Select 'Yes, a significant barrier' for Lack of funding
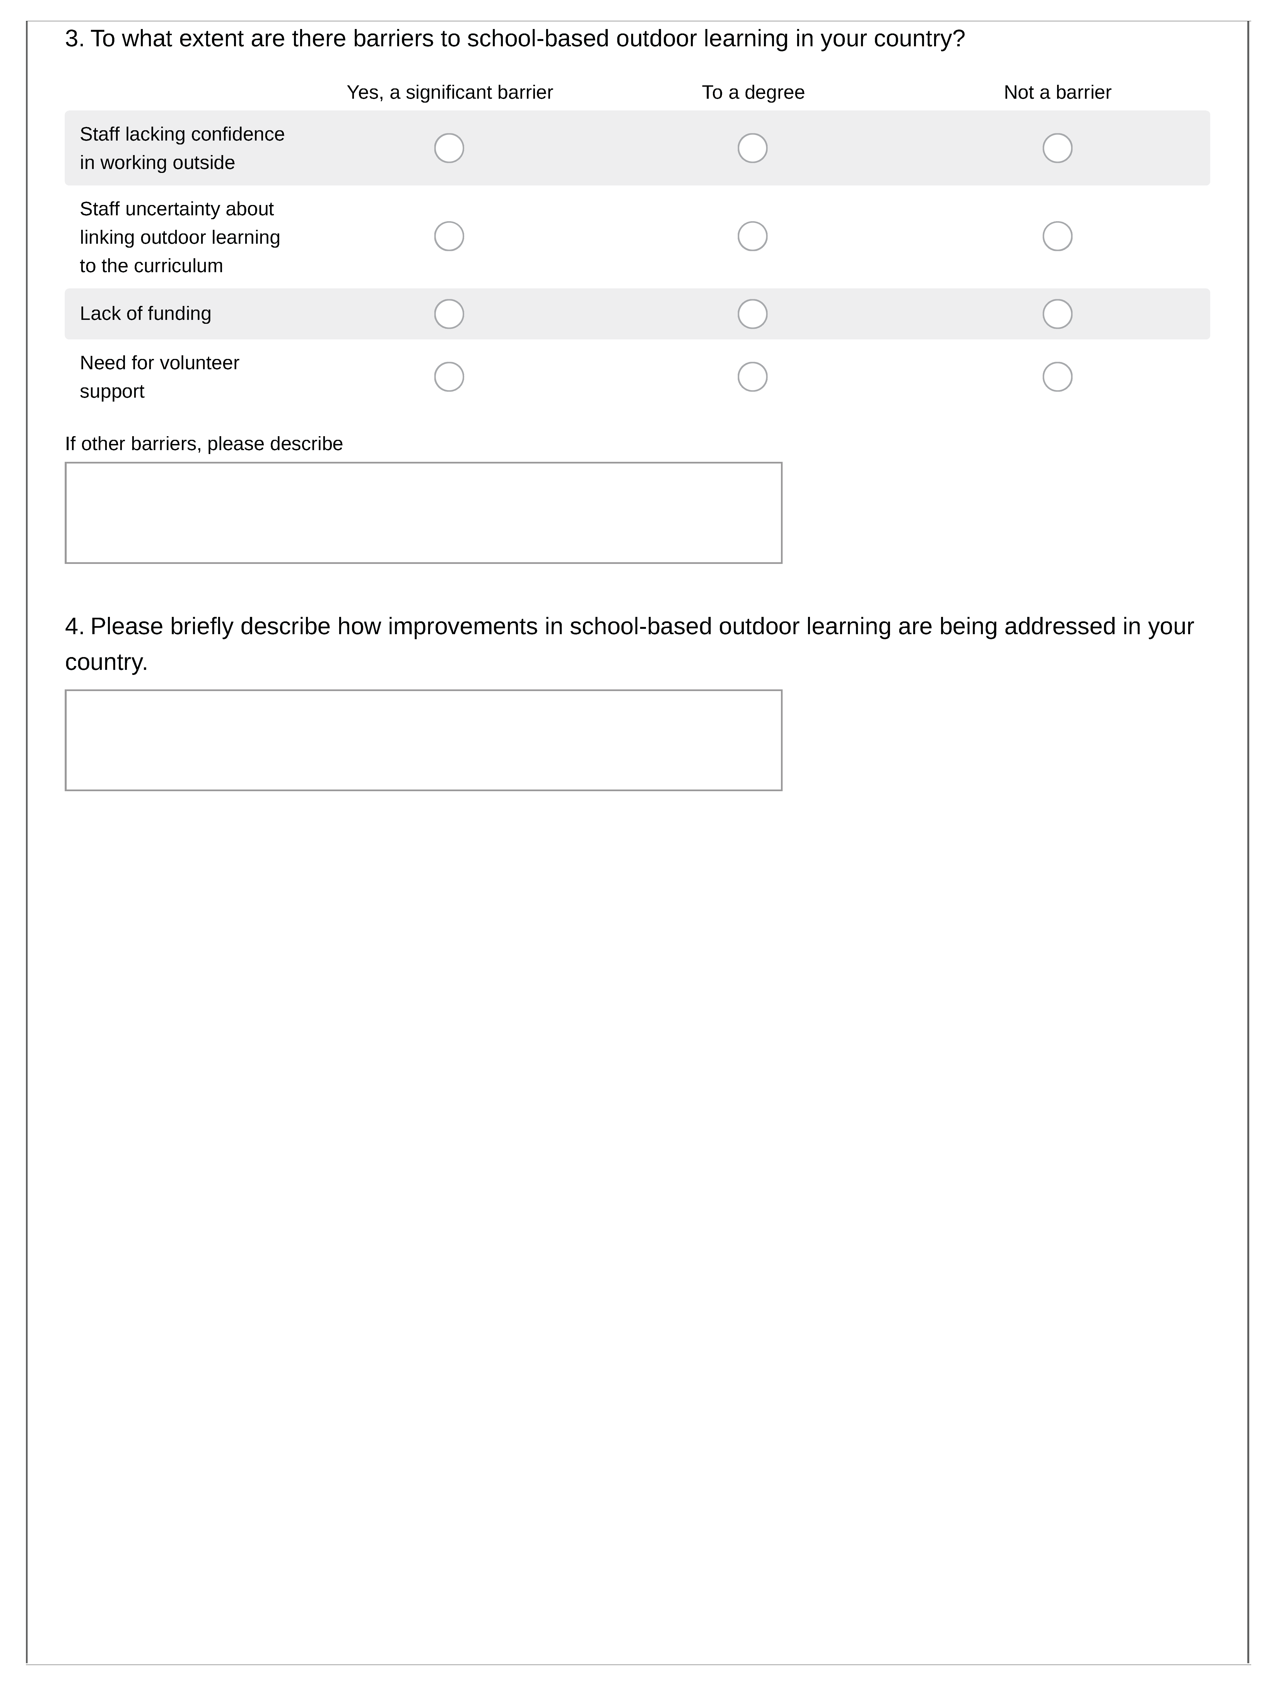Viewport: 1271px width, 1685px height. tap(449, 314)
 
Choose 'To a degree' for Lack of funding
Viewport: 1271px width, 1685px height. tap(752, 314)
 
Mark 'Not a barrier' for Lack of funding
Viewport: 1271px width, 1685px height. tap(1057, 314)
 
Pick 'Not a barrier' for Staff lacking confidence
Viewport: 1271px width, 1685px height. tap(1057, 148)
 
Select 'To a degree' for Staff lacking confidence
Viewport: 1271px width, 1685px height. tap(752, 148)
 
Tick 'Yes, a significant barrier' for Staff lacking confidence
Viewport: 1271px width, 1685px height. tap(449, 148)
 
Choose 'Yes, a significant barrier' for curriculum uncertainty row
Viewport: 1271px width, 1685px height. tap(449, 236)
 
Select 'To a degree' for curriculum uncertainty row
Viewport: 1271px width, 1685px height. tap(752, 236)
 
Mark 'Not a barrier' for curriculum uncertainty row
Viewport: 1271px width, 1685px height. tap(1057, 236)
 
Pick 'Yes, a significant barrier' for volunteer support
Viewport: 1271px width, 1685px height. tap(449, 376)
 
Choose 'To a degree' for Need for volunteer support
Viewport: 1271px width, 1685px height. tap(752, 376)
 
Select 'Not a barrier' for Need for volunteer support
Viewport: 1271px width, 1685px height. tap(1057, 376)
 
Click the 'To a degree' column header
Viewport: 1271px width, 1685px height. tap(753, 92)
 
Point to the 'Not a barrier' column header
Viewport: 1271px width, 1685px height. tap(1057, 92)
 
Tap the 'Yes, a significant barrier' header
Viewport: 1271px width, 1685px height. tap(450, 92)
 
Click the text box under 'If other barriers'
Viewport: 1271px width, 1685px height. tap(423, 513)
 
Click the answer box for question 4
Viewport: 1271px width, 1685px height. tap(423, 740)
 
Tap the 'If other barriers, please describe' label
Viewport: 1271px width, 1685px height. tap(203, 443)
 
